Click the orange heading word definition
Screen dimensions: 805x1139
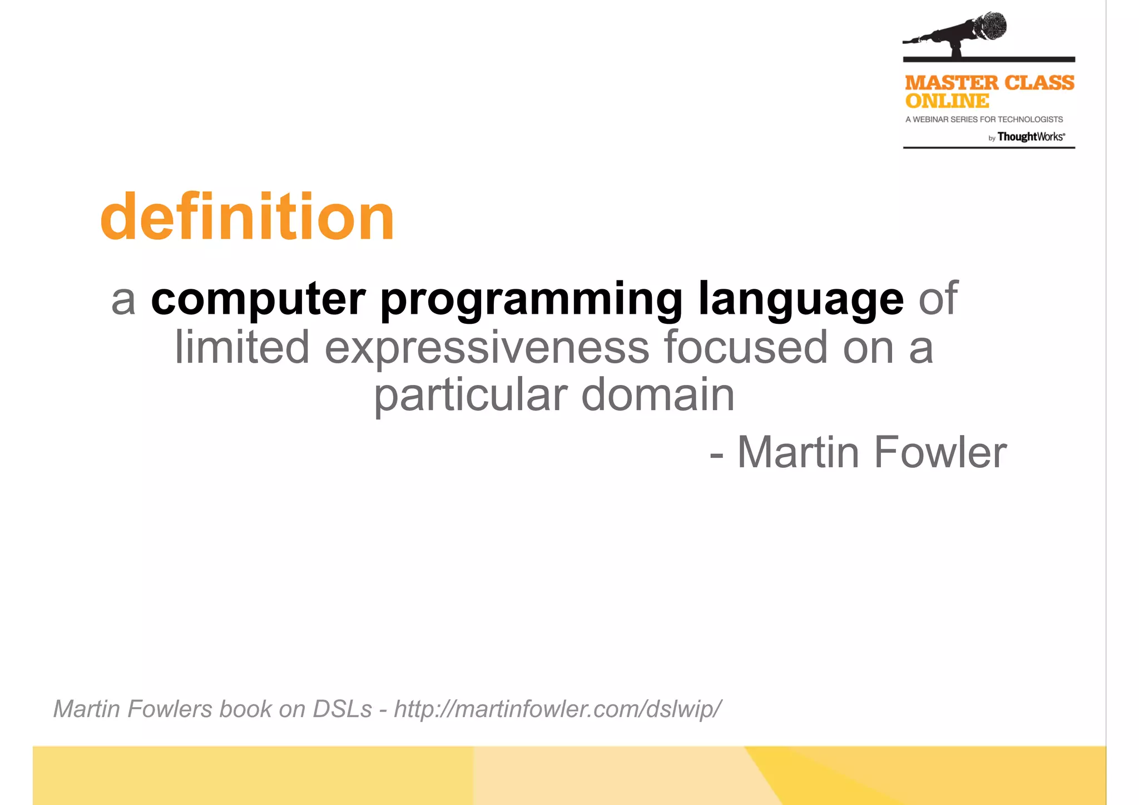pos(247,217)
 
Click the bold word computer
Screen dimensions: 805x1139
pos(258,299)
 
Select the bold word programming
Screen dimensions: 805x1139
pos(531,300)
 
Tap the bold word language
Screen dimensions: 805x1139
pos(800,300)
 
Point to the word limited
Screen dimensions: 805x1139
pos(242,347)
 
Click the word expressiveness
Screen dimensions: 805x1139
pos(487,348)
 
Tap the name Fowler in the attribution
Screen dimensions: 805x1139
pos(940,452)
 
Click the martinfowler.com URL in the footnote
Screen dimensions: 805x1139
pos(557,709)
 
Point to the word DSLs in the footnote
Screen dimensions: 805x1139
pos(342,709)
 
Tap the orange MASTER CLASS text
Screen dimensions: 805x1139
pos(989,83)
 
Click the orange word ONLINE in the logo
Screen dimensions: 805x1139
pos(947,101)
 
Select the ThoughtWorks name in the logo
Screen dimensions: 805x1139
pos(1031,137)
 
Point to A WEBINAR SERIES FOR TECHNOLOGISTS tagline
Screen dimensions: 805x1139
pos(984,120)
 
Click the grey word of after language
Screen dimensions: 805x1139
pos(938,299)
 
